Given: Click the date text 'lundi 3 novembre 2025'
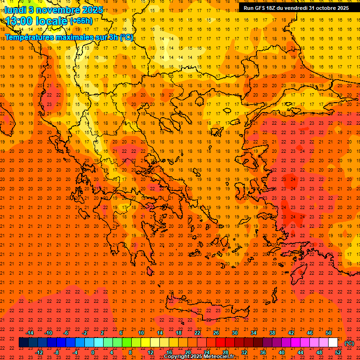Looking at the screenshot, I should (53, 9).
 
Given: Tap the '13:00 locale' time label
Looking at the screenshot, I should (36, 21).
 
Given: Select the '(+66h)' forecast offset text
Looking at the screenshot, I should (81, 21).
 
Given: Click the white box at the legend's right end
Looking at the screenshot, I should (333, 343).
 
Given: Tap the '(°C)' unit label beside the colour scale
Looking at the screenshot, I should (349, 343).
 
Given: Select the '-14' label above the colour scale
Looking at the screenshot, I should (30, 333).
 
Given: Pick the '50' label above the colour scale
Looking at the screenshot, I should (329, 333).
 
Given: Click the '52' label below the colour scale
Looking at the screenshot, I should (337, 352).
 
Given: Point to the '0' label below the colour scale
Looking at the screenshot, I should (93, 352).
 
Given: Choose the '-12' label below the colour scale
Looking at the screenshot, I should (39, 352).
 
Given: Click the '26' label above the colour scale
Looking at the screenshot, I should (216, 333).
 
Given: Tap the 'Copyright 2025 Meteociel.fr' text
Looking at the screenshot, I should (199, 357).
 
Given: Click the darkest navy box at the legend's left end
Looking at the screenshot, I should (23, 343).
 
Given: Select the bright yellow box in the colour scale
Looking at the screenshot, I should (146, 343).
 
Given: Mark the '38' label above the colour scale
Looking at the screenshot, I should (272, 333).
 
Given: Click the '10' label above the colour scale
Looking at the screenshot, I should (141, 333).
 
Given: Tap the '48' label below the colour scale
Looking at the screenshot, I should (319, 352).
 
